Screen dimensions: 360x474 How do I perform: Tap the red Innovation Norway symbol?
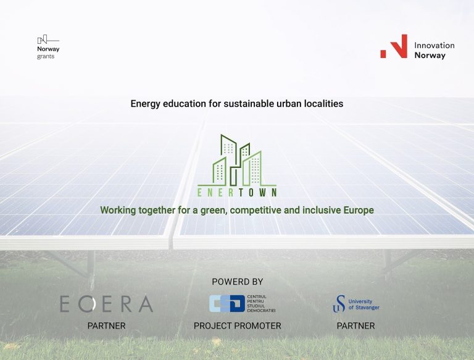(394, 46)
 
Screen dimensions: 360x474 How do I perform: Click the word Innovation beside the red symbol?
(434, 45)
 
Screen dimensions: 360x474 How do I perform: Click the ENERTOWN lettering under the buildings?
(237, 192)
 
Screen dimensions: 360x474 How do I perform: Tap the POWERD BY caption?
(237, 282)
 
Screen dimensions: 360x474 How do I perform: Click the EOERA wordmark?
(106, 304)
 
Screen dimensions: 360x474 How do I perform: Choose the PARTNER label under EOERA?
(106, 325)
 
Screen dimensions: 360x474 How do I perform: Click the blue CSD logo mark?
(227, 303)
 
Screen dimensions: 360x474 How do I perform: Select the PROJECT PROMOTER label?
(237, 325)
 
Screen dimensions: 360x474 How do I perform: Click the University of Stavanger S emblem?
(339, 303)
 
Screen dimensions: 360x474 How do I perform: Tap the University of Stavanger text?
(364, 304)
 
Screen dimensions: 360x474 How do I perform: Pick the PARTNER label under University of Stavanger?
(355, 325)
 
